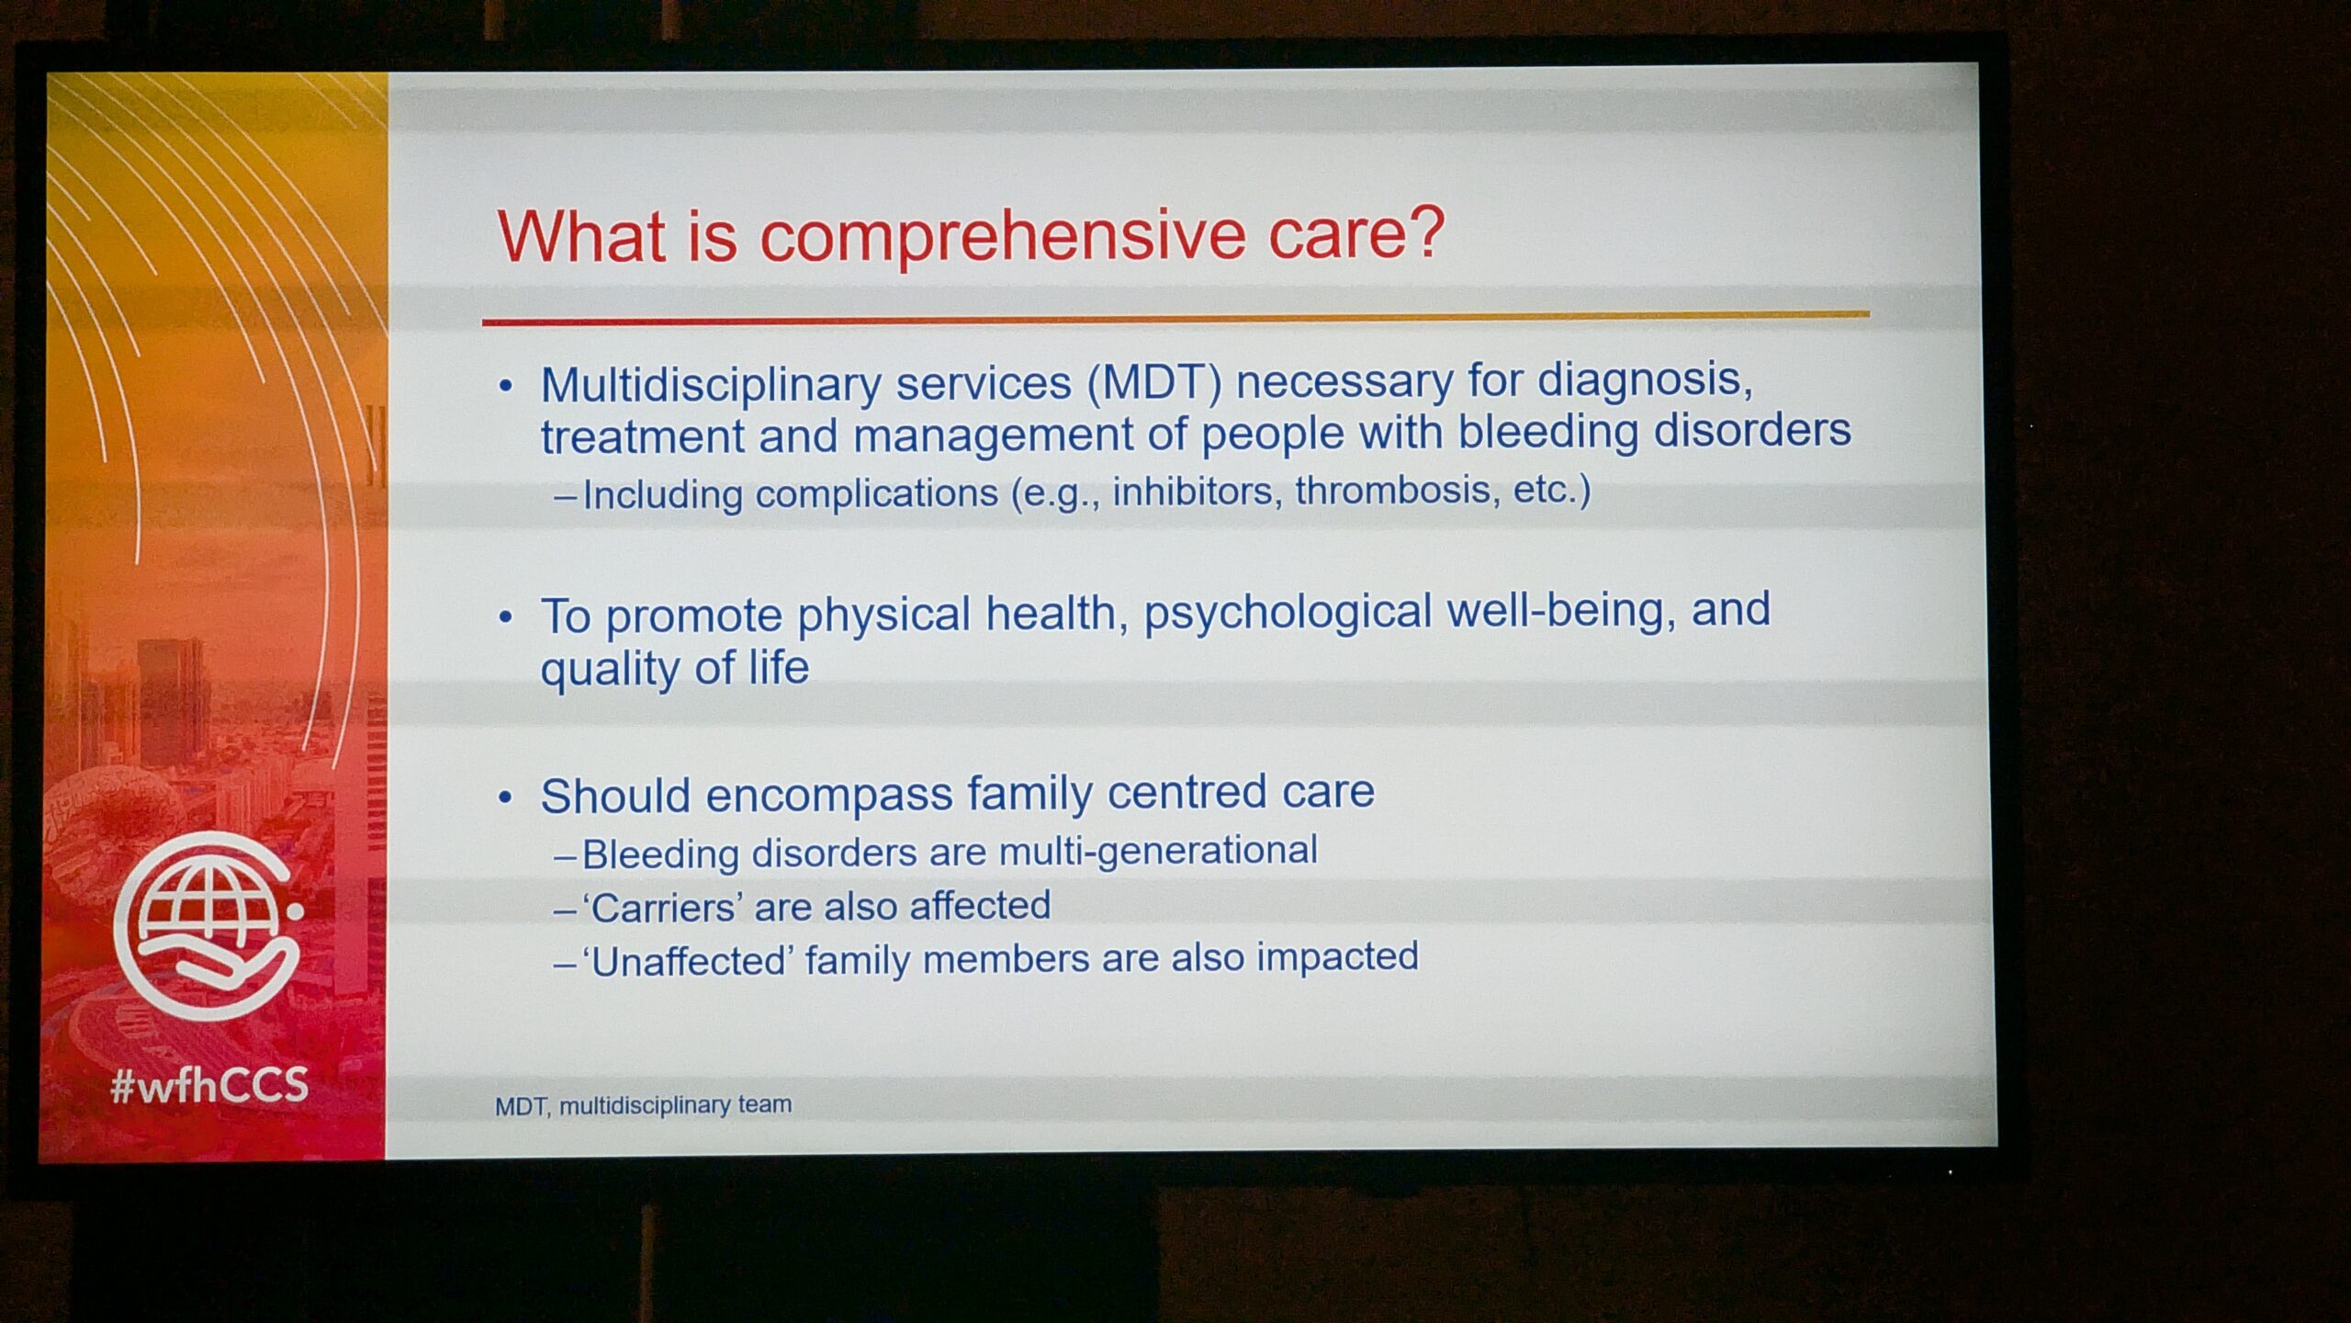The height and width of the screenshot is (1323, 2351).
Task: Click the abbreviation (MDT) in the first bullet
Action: coord(1154,382)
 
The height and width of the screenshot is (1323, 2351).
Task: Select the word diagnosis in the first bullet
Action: coord(1646,379)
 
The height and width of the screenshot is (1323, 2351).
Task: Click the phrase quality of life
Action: coord(675,668)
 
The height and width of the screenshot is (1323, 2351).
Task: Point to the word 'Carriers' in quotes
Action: coord(662,908)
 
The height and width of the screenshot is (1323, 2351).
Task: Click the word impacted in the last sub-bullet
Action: coord(1337,957)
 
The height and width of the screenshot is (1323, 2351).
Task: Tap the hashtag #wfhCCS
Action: coord(209,1086)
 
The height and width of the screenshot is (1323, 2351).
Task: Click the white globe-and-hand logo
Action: coord(208,924)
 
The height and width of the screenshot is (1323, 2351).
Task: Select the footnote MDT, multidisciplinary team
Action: coord(643,1104)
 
